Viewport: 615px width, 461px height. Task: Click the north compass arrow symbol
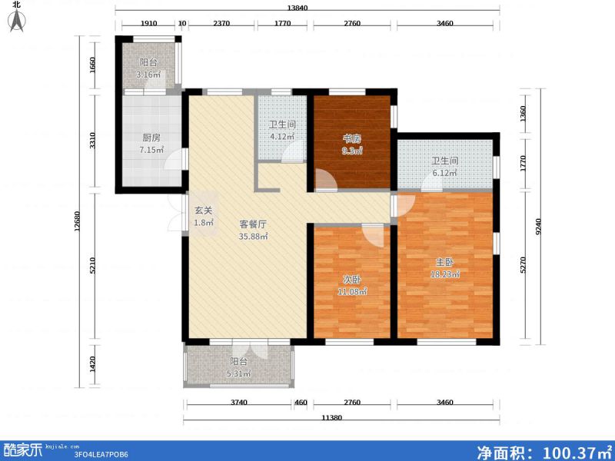point(17,20)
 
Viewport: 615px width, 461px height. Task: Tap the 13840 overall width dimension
point(307,8)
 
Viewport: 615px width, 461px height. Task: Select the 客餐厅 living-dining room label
point(252,224)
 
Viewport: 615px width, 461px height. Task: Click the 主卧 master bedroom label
point(444,262)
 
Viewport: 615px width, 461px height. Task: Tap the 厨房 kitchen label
point(151,138)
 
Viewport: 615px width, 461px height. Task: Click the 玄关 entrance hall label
point(203,211)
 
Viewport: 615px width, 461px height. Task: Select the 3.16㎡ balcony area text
point(148,75)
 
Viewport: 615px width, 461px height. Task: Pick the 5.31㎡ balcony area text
point(239,374)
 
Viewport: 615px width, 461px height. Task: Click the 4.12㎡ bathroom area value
point(281,138)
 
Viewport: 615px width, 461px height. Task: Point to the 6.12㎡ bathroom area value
point(444,174)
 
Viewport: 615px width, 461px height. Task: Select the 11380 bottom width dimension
point(331,418)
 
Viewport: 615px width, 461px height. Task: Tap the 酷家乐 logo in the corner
point(22,449)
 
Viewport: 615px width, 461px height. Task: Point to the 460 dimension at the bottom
point(301,403)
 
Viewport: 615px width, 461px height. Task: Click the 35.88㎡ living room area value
point(252,237)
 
